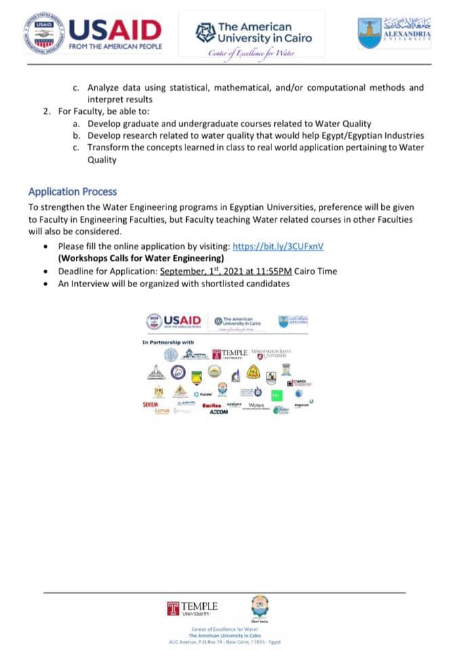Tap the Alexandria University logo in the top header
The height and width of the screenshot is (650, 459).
click(x=395, y=32)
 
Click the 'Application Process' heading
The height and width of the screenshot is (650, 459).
click(x=72, y=192)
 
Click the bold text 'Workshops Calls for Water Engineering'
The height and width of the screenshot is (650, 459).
click(x=141, y=259)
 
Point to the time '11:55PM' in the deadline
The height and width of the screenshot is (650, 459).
click(x=273, y=272)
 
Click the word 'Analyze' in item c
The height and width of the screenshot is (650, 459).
click(x=104, y=87)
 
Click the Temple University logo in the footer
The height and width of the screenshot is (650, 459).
click(x=193, y=608)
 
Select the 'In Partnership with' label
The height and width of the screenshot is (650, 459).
click(x=168, y=342)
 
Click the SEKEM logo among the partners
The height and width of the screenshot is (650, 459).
click(x=150, y=404)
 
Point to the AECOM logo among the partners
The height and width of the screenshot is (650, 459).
click(x=219, y=411)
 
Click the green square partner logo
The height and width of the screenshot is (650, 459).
click(x=276, y=395)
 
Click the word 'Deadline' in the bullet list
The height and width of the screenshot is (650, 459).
click(x=76, y=272)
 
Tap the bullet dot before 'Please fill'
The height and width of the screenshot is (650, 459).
click(x=45, y=247)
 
